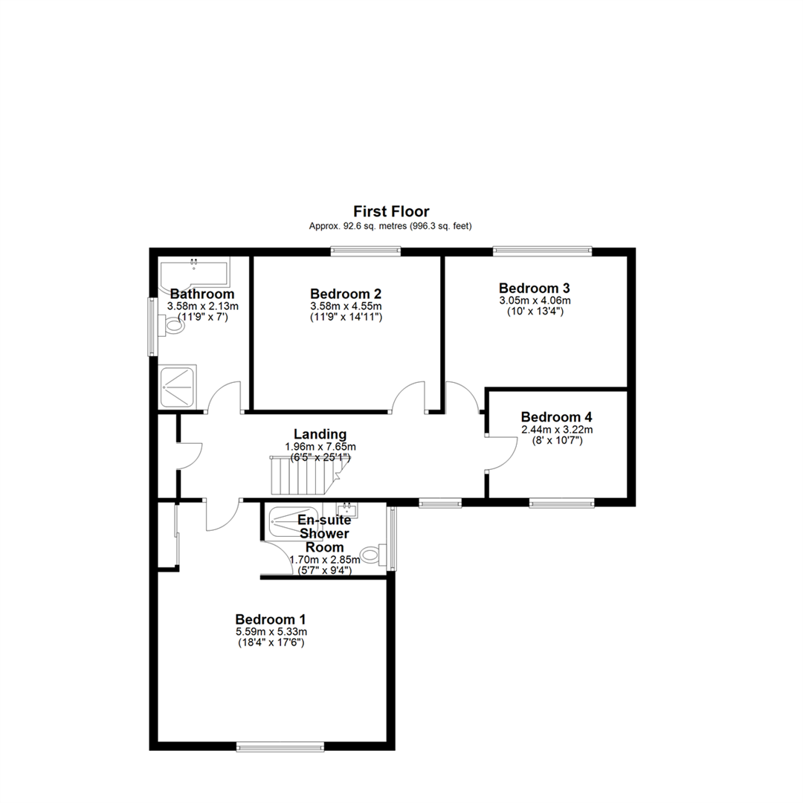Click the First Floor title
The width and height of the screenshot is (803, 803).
click(x=391, y=211)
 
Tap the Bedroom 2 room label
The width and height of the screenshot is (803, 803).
click(x=346, y=294)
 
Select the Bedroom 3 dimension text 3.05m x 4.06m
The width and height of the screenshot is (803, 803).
click(x=535, y=300)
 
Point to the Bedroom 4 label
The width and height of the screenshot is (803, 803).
click(x=557, y=417)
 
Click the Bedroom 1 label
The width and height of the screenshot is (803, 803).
click(x=271, y=619)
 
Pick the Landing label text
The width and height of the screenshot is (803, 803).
click(x=320, y=434)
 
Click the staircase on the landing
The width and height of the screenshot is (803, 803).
click(x=306, y=475)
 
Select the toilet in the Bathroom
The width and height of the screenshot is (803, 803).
click(x=172, y=325)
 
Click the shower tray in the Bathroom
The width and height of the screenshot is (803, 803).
click(x=178, y=387)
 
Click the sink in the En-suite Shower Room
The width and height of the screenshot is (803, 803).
click(x=347, y=509)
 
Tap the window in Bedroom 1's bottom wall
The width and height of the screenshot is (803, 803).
click(x=280, y=747)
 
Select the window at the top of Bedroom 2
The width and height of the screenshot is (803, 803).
click(x=365, y=251)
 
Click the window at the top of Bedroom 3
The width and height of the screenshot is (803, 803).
click(x=543, y=251)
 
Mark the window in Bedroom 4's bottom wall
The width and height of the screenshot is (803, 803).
click(x=562, y=503)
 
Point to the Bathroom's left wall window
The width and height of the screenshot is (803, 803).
click(x=152, y=326)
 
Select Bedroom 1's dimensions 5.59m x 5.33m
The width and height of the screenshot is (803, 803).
click(x=271, y=632)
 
